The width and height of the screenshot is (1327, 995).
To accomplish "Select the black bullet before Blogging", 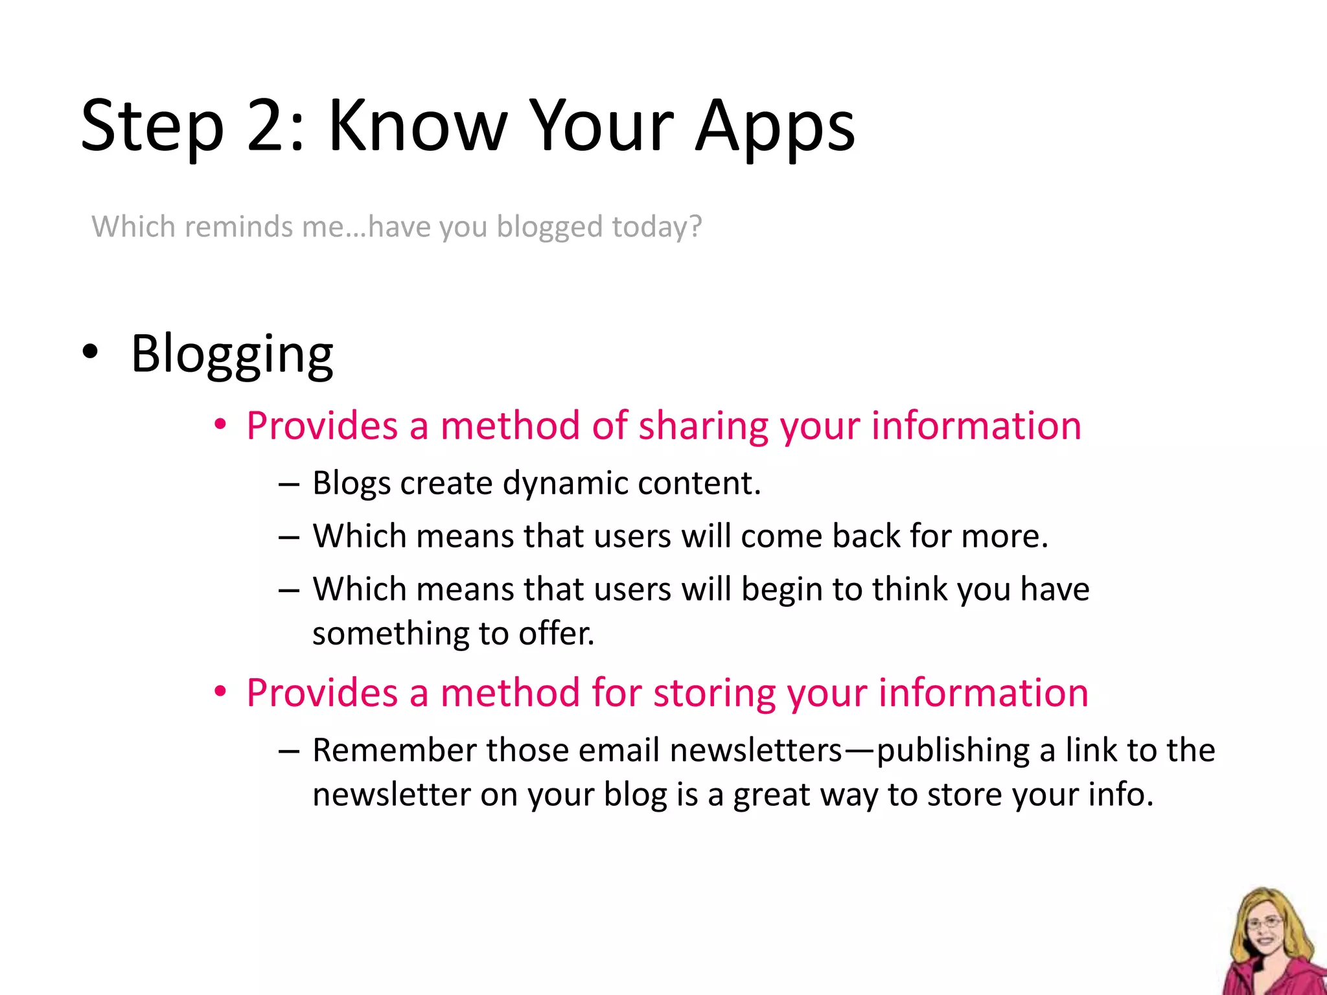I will click(91, 352).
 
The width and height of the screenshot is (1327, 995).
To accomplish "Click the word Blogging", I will click(232, 355).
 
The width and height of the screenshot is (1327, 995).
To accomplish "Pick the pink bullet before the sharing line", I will click(221, 425).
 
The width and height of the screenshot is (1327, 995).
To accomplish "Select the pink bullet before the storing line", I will click(221, 692).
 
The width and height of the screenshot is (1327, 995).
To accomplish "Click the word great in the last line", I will click(771, 795).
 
